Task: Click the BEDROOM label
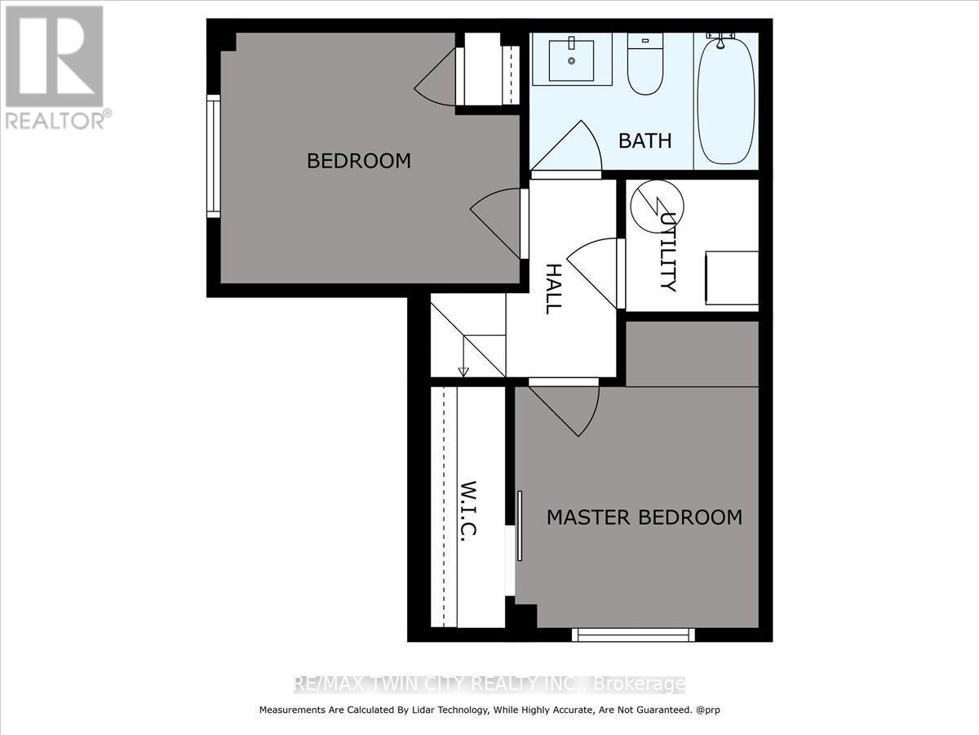coord(358,161)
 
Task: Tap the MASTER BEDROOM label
coord(644,517)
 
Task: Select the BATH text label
coord(645,140)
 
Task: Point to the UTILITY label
coord(667,252)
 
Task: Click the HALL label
coord(552,289)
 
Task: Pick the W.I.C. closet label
coord(468,509)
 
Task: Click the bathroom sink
coord(570,59)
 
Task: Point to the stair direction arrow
coord(463,372)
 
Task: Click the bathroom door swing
coord(571,150)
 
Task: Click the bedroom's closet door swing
coord(437,82)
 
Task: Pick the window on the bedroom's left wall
coord(213,156)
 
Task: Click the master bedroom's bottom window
coord(633,634)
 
